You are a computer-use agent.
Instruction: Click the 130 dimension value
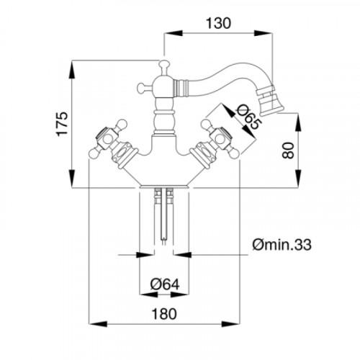tap(218, 23)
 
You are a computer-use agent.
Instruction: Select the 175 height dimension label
tap(62, 124)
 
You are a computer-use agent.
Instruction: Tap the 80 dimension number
tap(288, 150)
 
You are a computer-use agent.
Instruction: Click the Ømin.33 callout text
tap(282, 245)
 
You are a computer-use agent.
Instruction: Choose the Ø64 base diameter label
tap(165, 284)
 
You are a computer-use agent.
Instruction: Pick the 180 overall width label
tap(164, 314)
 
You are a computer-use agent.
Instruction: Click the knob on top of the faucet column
tap(164, 64)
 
